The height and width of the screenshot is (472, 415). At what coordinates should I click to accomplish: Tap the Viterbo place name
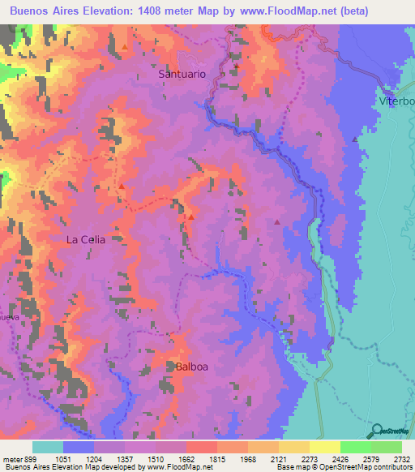click(x=396, y=101)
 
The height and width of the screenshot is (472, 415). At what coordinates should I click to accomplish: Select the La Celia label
click(x=86, y=240)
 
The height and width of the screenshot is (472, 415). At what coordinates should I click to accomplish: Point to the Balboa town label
click(x=192, y=367)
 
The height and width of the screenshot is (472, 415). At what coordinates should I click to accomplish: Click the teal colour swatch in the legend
click(x=48, y=446)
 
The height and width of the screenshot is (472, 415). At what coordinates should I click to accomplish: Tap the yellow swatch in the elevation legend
click(x=324, y=446)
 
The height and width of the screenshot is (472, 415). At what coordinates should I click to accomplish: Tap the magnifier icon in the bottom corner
click(x=374, y=431)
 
